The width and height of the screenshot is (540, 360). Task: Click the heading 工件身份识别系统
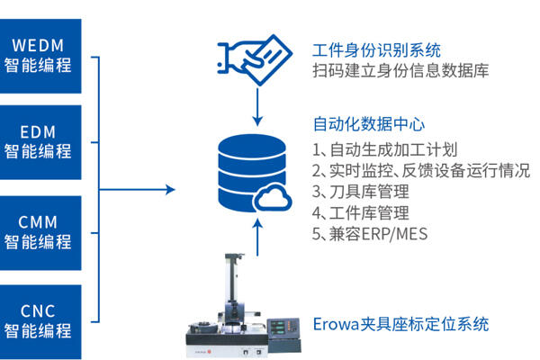click(x=376, y=49)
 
